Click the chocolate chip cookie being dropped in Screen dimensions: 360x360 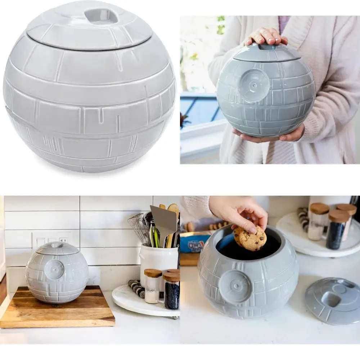[251, 238]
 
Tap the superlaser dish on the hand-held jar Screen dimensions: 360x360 [254, 85]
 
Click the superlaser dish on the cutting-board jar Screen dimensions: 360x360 [55, 270]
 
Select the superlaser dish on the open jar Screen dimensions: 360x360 [235, 286]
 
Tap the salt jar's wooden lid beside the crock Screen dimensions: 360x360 [153, 273]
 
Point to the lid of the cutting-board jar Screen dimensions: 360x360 [57, 248]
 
